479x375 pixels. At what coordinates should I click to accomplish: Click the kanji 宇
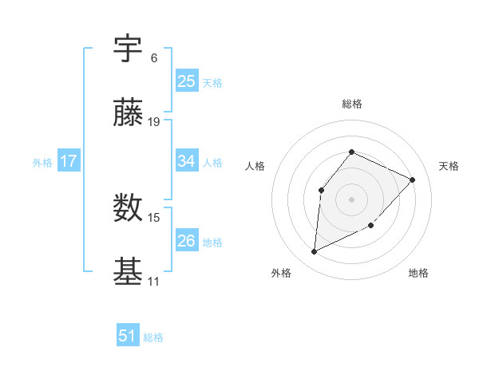point(129,49)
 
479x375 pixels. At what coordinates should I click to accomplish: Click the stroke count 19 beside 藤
point(154,122)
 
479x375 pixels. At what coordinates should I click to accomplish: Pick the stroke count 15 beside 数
point(154,217)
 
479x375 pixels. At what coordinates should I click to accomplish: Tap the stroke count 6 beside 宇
point(154,58)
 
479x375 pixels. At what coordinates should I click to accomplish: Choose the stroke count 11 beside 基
point(153,282)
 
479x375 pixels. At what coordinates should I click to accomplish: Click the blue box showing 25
point(187,81)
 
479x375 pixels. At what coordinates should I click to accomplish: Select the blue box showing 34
point(187,161)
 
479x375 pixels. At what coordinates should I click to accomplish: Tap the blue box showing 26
point(187,240)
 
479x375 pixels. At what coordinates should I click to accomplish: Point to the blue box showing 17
point(69,161)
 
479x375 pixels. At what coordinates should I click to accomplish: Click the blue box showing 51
point(128,336)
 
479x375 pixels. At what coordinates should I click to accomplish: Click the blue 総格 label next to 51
point(153,337)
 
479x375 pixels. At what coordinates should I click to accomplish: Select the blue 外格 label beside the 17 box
point(42,163)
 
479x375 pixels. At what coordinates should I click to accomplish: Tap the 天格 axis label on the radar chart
point(449,166)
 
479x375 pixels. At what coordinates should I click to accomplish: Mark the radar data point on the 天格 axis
point(412,180)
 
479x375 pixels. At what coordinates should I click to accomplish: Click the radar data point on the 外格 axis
point(314,252)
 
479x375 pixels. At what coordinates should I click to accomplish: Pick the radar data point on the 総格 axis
point(351,152)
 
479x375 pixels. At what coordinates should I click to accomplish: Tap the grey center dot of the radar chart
point(351,199)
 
